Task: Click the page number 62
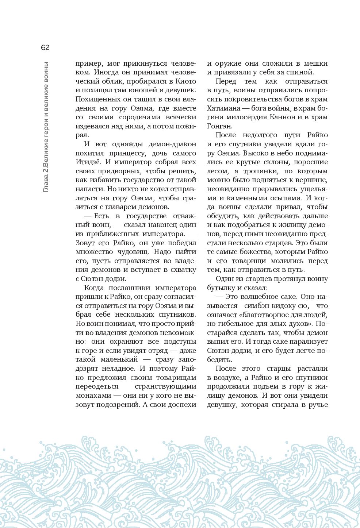tap(45, 47)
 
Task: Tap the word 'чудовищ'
tap(130, 252)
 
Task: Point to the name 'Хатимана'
tap(223, 108)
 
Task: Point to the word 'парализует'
tap(309, 342)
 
